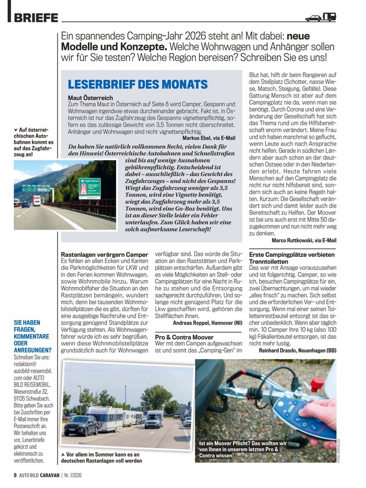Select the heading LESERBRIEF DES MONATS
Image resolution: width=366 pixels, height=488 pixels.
tap(137, 85)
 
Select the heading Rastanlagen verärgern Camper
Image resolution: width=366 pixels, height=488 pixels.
tap(104, 255)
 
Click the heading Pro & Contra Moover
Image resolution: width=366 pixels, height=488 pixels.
tap(184, 337)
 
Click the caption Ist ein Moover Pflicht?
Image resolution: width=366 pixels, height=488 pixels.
tap(243, 448)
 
